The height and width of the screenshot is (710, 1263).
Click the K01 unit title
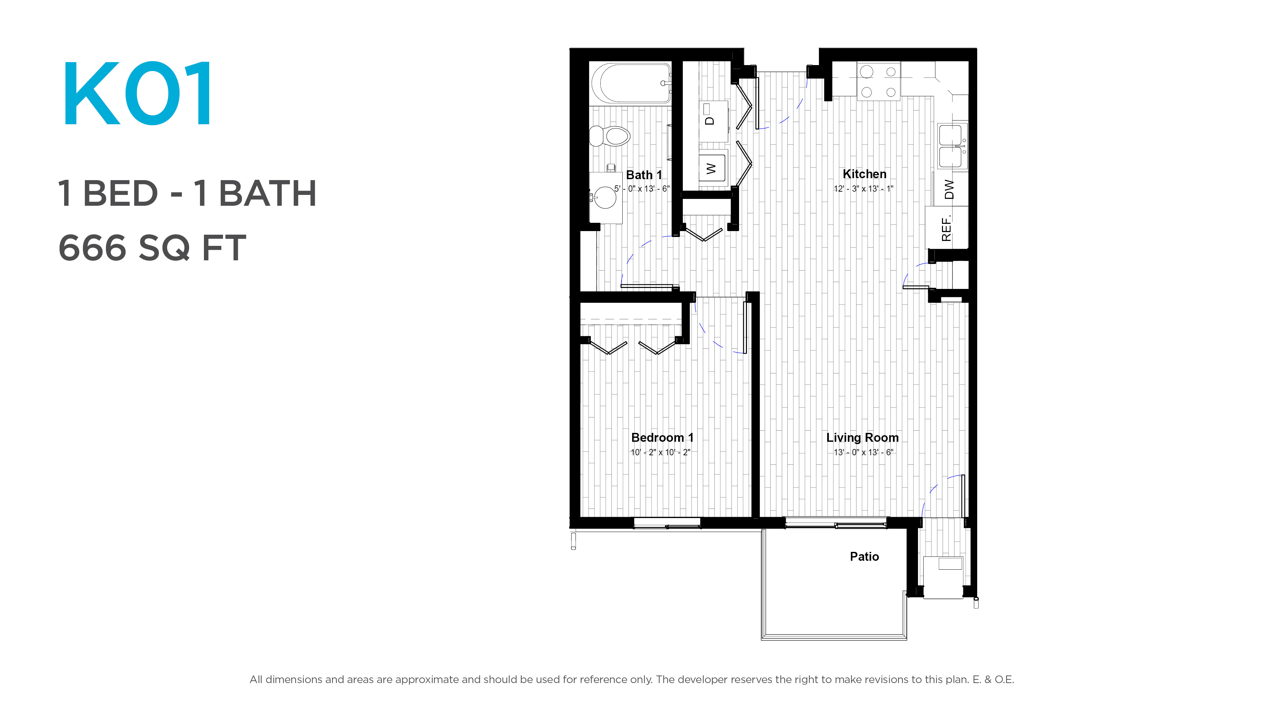[x=138, y=93]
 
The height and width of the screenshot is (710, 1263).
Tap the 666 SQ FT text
[x=152, y=248]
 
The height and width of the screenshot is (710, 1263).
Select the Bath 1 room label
[x=644, y=175]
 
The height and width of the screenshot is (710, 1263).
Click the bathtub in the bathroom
[x=631, y=83]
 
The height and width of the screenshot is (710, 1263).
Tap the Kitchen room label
[x=864, y=174]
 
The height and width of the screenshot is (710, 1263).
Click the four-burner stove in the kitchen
[x=879, y=81]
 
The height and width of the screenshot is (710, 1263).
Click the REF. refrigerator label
[x=946, y=228]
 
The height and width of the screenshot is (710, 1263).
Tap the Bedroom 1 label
[x=662, y=438]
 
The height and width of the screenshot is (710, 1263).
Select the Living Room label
[x=862, y=438]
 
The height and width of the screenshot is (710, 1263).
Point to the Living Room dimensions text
[x=863, y=452]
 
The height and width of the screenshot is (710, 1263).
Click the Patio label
[x=864, y=556]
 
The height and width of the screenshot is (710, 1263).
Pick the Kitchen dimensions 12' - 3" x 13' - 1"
[x=863, y=189]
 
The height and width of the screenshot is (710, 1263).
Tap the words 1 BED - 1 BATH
[x=187, y=194]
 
